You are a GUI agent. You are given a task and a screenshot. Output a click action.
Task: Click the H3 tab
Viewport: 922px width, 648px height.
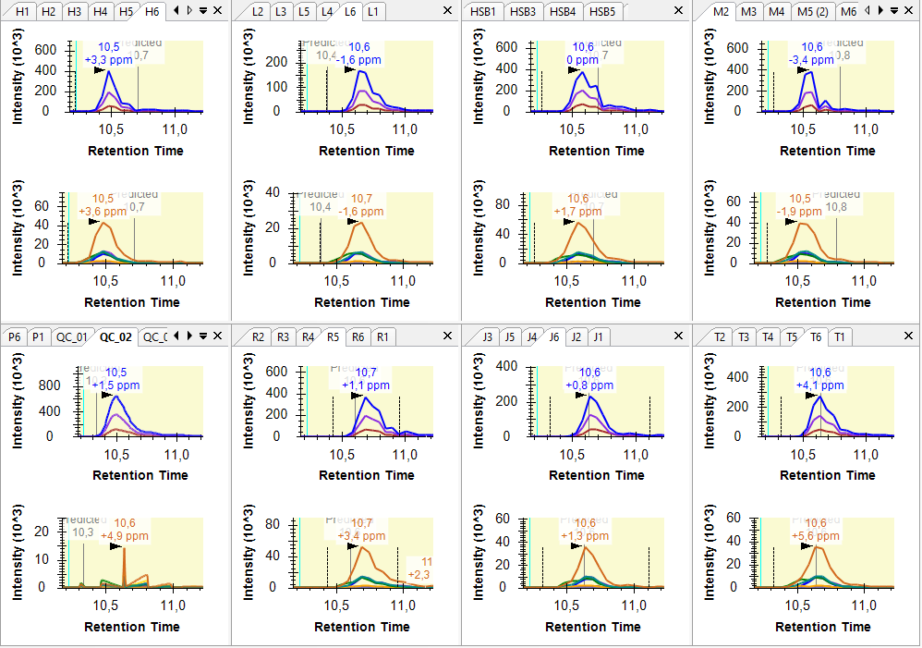pyautogui.click(x=75, y=11)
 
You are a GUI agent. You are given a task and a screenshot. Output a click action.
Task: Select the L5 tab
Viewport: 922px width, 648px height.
pyautogui.click(x=304, y=11)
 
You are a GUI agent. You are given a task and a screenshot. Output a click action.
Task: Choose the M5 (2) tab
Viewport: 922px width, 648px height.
pyautogui.click(x=813, y=11)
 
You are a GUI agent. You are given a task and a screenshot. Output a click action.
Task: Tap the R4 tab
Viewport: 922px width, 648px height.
pyautogui.click(x=309, y=336)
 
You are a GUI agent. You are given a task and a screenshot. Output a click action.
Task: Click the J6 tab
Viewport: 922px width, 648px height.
pyautogui.click(x=553, y=336)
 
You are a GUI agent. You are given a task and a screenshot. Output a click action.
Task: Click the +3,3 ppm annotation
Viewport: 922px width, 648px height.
pyautogui.click(x=108, y=60)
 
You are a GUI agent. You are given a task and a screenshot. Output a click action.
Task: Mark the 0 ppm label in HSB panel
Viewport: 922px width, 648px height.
pyautogui.click(x=582, y=60)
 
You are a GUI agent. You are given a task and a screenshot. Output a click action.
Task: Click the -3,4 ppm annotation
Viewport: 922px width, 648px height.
pyautogui.click(x=811, y=60)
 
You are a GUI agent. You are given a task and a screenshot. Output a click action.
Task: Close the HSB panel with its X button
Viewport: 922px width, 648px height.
pyautogui.click(x=679, y=10)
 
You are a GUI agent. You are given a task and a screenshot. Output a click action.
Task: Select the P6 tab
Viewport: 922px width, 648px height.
pyautogui.click(x=14, y=336)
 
